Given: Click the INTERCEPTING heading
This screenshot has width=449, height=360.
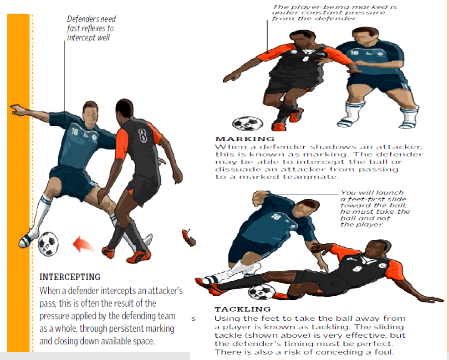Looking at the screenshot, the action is coord(70,277).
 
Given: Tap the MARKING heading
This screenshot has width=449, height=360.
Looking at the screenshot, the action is coord(245,139).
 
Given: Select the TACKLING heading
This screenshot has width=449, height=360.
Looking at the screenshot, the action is coord(243,309).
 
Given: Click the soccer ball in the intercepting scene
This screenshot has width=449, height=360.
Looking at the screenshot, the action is coord(48,244).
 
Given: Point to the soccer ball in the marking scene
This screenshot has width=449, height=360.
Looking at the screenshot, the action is coord(248,123).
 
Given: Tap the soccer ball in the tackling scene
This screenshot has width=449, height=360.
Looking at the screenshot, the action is coord(261,292).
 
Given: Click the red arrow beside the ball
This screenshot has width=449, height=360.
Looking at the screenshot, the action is coord(83,245).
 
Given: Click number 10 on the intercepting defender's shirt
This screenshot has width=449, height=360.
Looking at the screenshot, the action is coord(74,132).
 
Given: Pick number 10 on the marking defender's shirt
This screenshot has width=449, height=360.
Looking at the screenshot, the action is coord(354,52).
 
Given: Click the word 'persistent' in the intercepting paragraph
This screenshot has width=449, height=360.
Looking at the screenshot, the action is coord(126,329).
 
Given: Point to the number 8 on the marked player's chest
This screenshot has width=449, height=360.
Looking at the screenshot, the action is coord(306,58).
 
